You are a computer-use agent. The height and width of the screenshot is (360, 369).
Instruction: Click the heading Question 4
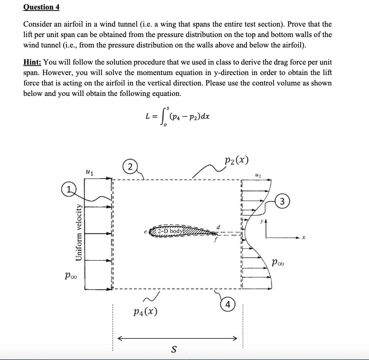tap(40, 7)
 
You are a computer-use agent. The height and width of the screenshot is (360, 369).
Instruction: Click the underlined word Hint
tap(32, 63)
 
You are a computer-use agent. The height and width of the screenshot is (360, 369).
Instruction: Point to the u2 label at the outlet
tap(258, 174)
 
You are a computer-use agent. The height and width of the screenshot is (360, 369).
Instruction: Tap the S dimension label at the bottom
tap(173, 350)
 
